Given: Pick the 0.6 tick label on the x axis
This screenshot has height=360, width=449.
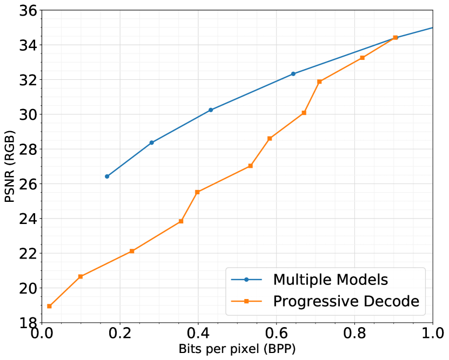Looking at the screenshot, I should [x=276, y=335].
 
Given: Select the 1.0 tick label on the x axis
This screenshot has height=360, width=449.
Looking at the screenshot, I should [x=432, y=335].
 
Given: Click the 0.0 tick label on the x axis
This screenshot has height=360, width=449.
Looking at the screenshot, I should [x=42, y=335].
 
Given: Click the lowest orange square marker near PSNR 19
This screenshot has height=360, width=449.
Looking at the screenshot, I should [x=49, y=306].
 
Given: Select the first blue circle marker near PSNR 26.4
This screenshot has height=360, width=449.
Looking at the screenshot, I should [x=107, y=176].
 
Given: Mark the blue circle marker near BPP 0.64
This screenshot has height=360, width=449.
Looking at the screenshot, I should [x=293, y=74].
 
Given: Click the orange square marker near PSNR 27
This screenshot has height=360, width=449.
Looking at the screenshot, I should [x=250, y=166].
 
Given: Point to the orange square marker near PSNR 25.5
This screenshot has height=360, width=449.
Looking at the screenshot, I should [x=197, y=192].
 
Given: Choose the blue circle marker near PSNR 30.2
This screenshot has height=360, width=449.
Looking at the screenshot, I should [x=211, y=110].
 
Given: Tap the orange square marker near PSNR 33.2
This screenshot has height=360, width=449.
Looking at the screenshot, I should [x=362, y=58].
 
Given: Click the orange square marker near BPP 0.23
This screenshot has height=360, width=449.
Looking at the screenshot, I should [x=132, y=251].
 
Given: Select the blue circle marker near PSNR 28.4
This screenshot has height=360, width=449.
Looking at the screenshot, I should [x=152, y=142].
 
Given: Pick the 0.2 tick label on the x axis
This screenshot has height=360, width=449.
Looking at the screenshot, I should [x=120, y=335].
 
